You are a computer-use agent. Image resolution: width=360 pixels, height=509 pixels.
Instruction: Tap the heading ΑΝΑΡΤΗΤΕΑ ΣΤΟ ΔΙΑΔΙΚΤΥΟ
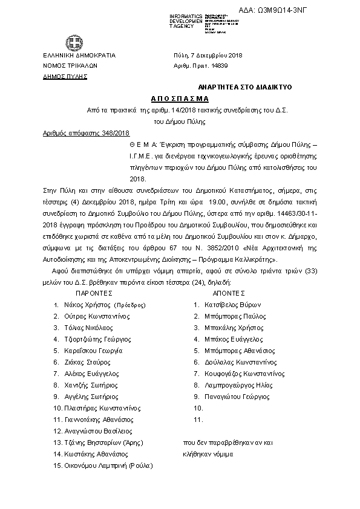click(245, 87)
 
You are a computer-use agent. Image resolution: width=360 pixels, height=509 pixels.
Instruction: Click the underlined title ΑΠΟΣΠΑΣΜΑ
click(179, 98)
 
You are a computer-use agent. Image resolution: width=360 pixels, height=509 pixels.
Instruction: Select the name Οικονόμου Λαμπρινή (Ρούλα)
click(108, 465)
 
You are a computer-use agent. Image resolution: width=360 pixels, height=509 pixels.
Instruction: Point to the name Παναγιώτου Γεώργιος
click(237, 397)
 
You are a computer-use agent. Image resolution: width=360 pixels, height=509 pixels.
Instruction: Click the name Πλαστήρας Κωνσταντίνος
click(103, 408)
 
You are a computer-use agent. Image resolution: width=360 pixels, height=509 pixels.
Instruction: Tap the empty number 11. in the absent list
click(197, 420)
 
